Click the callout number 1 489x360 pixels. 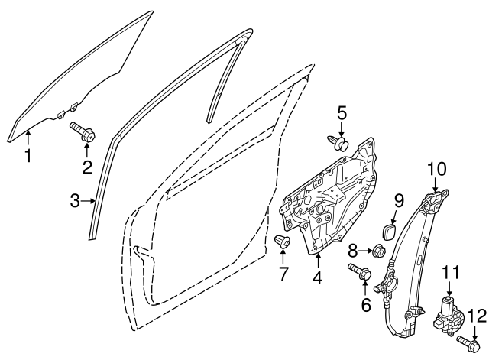pos(28,156)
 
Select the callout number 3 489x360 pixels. pos(75,201)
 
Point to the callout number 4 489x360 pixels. pos(318,277)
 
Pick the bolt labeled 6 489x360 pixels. pos(360,271)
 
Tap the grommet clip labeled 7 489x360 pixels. pos(282,242)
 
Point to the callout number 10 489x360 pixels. pos(436,169)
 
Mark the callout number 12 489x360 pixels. pos(477,316)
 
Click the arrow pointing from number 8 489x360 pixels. pos(365,251)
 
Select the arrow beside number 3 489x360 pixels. pos(87,201)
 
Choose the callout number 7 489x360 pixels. pos(283,274)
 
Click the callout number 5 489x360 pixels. pos(342,114)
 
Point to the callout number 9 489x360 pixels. pos(400,200)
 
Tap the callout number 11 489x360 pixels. pos(452,272)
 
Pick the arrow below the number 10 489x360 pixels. pos(436,185)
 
